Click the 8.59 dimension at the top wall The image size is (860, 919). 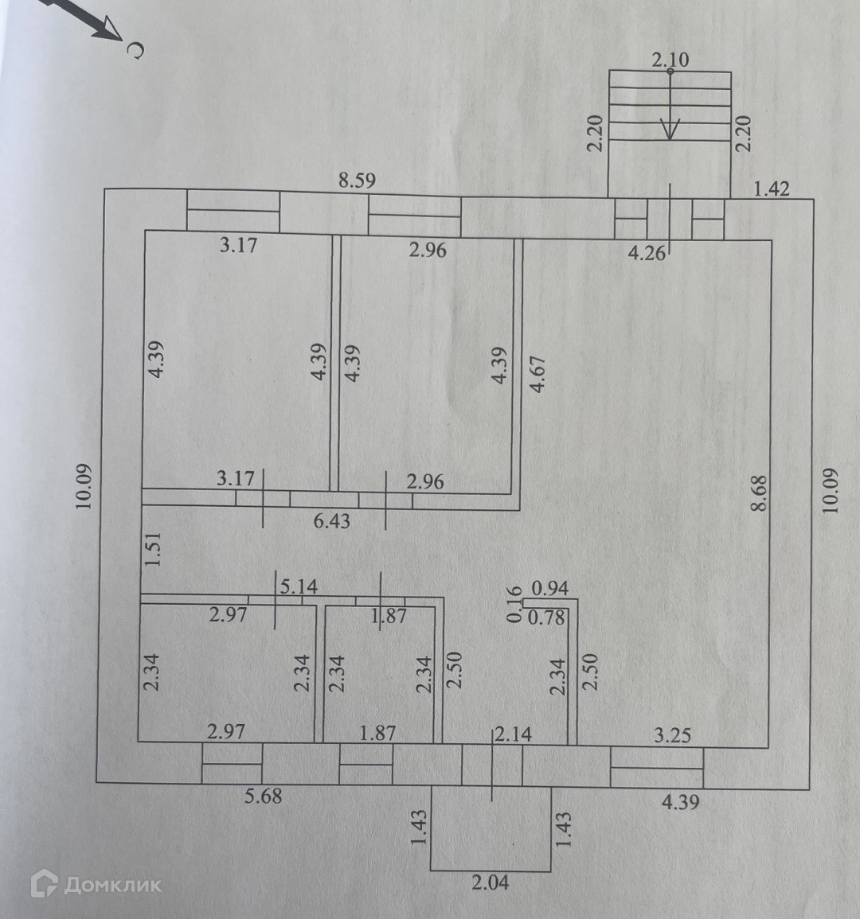coord(356,180)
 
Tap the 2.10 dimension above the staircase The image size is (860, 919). coord(670,59)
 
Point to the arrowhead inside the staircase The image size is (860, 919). coord(671,129)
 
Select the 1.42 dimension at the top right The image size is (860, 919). coord(771,189)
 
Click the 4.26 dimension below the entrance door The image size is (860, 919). coord(646,254)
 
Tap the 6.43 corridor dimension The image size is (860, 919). coord(331,521)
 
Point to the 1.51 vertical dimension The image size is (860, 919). coord(156,548)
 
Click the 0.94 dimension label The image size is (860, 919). coord(549,589)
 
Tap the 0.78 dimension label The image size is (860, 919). coord(546,616)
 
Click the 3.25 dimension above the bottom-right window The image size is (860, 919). coord(672,734)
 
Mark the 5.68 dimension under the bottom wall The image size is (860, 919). coord(263,795)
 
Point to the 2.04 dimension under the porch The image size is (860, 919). coord(490,882)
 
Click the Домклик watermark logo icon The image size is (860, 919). coord(44,883)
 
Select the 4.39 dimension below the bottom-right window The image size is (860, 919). coord(680,802)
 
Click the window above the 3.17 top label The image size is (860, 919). coord(233,211)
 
